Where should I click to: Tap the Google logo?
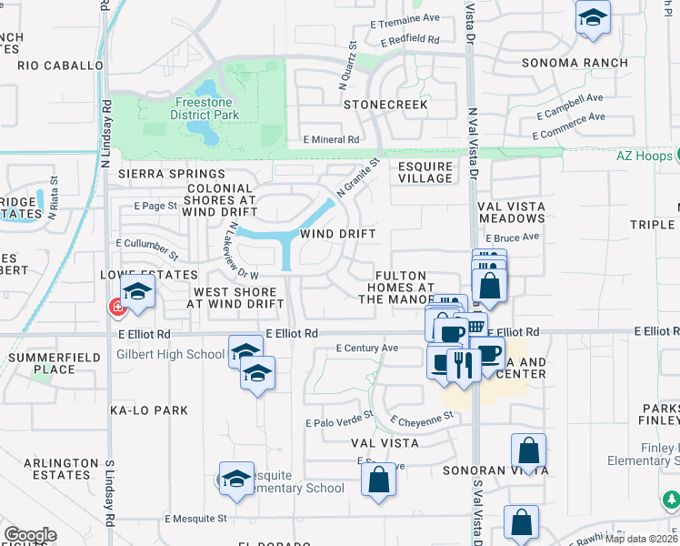(x=30, y=534)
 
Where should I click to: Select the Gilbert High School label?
(x=170, y=354)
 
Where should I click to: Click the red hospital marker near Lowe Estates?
(x=117, y=308)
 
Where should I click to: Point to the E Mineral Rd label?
(x=332, y=139)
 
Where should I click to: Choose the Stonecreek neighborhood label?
(x=385, y=105)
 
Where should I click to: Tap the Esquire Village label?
(x=425, y=172)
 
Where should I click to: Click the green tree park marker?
(x=672, y=500)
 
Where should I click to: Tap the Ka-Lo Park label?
(x=150, y=410)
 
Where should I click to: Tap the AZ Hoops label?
(x=646, y=155)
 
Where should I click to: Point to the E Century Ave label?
(x=367, y=348)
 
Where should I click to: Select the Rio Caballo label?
(x=61, y=66)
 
